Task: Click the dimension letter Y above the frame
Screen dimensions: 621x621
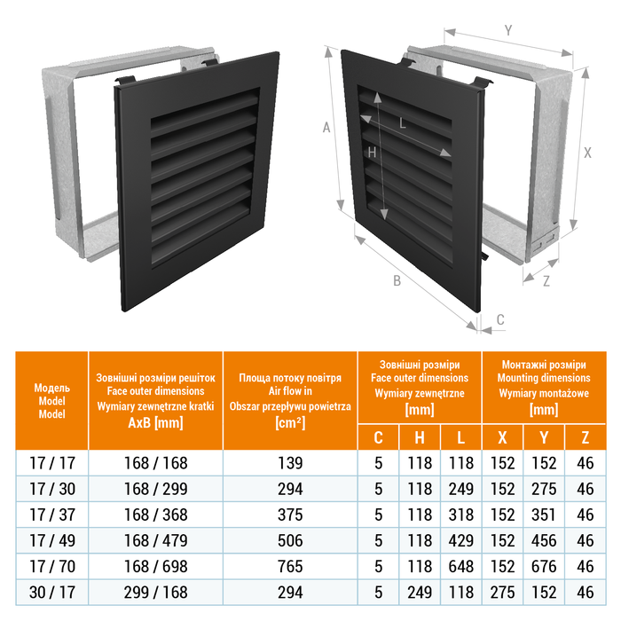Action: [x=508, y=30]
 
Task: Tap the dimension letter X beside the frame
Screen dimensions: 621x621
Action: [x=587, y=153]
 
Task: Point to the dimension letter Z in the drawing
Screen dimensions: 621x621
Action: [x=546, y=281]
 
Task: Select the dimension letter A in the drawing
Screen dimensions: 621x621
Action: [x=326, y=128]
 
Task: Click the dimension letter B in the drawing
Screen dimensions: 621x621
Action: [x=397, y=281]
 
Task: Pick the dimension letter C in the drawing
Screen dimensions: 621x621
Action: [x=500, y=319]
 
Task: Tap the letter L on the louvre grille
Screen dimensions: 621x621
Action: [x=403, y=123]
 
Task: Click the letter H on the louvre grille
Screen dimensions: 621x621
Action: [x=372, y=153]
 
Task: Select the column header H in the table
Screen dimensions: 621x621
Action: [x=420, y=437]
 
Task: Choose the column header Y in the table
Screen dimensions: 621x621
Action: [x=544, y=437]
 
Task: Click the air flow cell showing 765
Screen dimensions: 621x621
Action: [x=290, y=567]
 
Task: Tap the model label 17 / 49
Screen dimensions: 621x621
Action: [x=52, y=541]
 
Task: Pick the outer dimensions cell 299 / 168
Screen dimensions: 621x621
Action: [x=155, y=593]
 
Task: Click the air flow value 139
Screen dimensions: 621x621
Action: [x=290, y=463]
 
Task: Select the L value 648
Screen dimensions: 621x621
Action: [x=461, y=567]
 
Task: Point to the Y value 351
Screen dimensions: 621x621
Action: [x=544, y=515]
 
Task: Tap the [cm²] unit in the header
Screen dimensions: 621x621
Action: [x=290, y=423]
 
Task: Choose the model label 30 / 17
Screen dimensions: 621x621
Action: [x=52, y=593]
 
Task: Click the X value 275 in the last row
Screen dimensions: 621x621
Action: [x=503, y=593]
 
